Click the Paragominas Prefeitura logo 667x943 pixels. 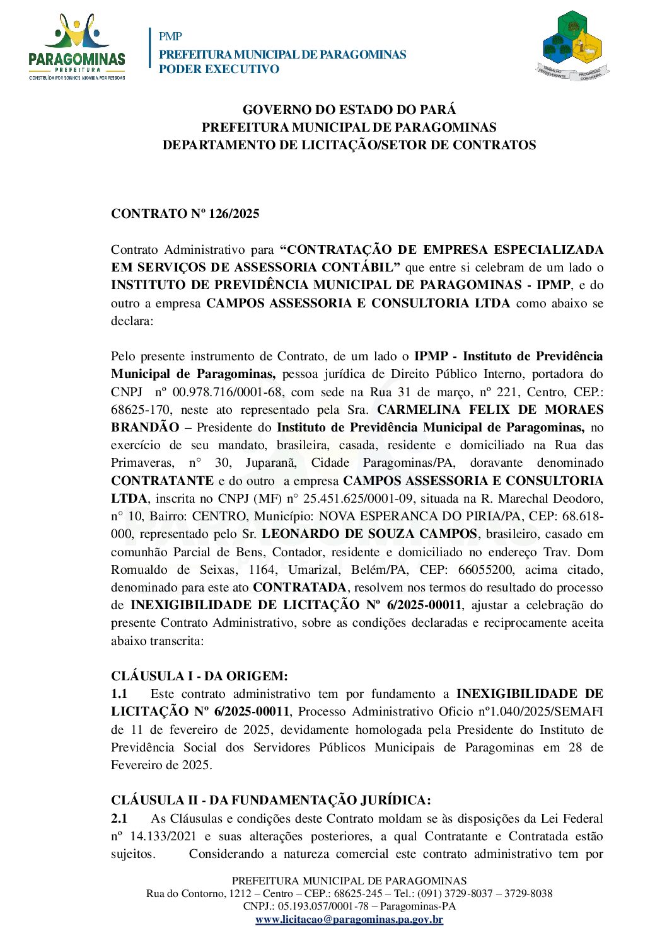pos(77,47)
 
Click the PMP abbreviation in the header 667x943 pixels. pos(170,37)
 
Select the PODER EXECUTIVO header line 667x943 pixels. pos(219,69)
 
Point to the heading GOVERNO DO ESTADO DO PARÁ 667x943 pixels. pos(349,110)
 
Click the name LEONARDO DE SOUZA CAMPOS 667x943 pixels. pos(369,534)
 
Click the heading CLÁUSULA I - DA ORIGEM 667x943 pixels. pos(199,676)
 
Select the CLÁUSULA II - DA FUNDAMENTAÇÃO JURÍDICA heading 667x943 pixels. pos(271,801)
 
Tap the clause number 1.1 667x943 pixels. pos(119,694)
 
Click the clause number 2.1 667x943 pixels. pos(119,819)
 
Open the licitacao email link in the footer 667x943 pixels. pos(349,920)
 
